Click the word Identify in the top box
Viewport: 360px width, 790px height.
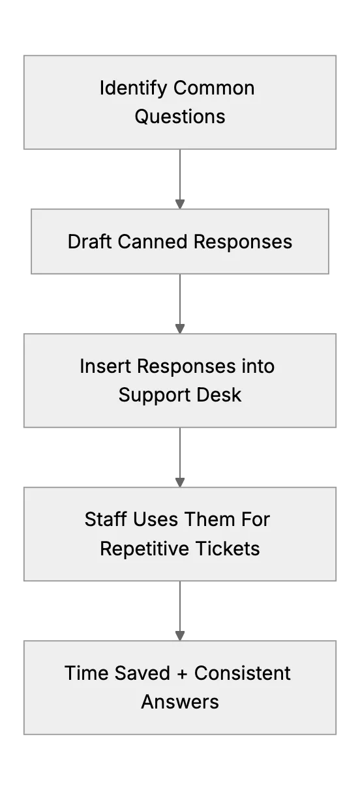133,89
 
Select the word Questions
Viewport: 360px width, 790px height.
180,117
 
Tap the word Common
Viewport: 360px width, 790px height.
214,88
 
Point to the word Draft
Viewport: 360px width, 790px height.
90,242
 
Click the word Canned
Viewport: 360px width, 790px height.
153,242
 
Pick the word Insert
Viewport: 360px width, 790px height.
106,366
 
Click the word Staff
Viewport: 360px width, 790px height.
106,519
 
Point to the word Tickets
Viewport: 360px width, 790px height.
228,549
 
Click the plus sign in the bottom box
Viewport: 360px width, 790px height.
182,673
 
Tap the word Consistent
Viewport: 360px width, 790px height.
243,673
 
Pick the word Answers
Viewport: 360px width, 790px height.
180,702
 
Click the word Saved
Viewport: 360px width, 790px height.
143,673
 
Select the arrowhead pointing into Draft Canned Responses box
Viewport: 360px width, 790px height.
180,204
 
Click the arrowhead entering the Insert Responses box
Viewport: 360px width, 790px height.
180,329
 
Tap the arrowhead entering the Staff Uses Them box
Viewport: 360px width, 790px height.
180,482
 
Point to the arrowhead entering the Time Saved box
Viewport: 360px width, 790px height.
180,636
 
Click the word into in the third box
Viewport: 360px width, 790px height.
258,366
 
